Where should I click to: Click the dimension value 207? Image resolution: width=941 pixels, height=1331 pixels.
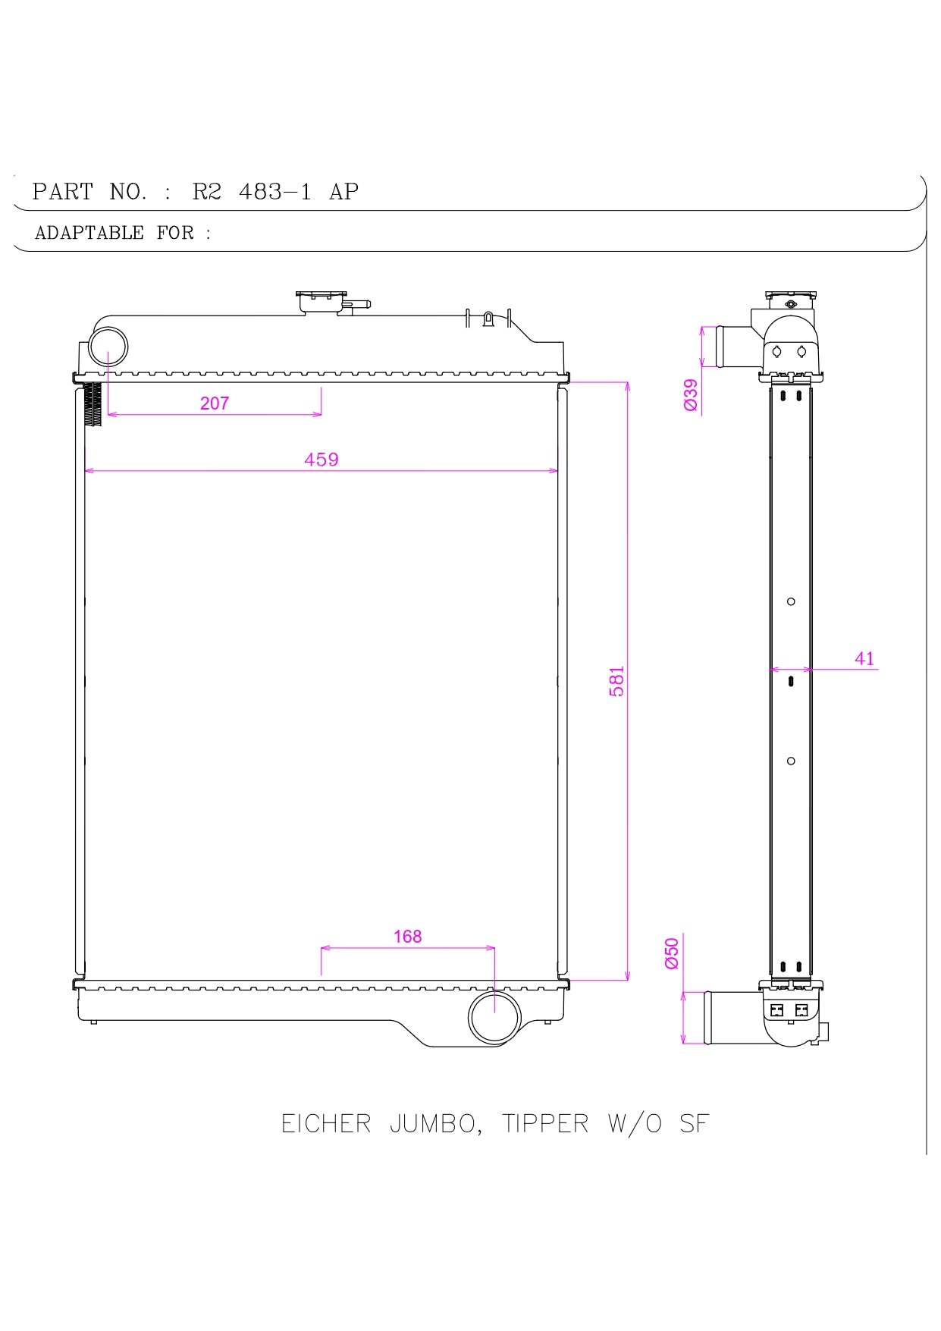215,403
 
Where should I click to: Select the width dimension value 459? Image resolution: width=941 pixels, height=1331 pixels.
321,460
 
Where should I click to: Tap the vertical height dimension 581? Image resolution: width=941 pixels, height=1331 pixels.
617,681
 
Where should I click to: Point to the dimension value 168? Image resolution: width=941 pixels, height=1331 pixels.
407,937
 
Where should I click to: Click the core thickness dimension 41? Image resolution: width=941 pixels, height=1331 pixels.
864,658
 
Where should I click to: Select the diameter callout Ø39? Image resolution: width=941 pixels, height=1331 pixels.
691,395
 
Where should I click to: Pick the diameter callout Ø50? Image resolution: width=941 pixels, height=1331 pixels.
672,953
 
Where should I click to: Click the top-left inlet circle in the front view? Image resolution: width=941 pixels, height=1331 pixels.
108,347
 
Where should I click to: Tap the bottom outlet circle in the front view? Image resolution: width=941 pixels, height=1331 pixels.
494,1017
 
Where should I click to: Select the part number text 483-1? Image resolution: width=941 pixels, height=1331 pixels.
274,192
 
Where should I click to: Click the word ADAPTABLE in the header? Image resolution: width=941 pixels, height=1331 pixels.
89,233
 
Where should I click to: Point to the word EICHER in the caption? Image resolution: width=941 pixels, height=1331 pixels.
326,1123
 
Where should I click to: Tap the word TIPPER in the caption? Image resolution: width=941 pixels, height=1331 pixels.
545,1123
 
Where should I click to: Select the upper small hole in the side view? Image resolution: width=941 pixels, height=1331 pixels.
791,601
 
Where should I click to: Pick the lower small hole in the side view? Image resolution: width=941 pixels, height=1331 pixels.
791,761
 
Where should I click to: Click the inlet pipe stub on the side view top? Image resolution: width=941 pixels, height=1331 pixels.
734,347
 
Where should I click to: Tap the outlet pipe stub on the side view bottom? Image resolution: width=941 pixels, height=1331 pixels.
732,1017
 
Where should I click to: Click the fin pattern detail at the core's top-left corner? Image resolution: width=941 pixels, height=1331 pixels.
93,404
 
